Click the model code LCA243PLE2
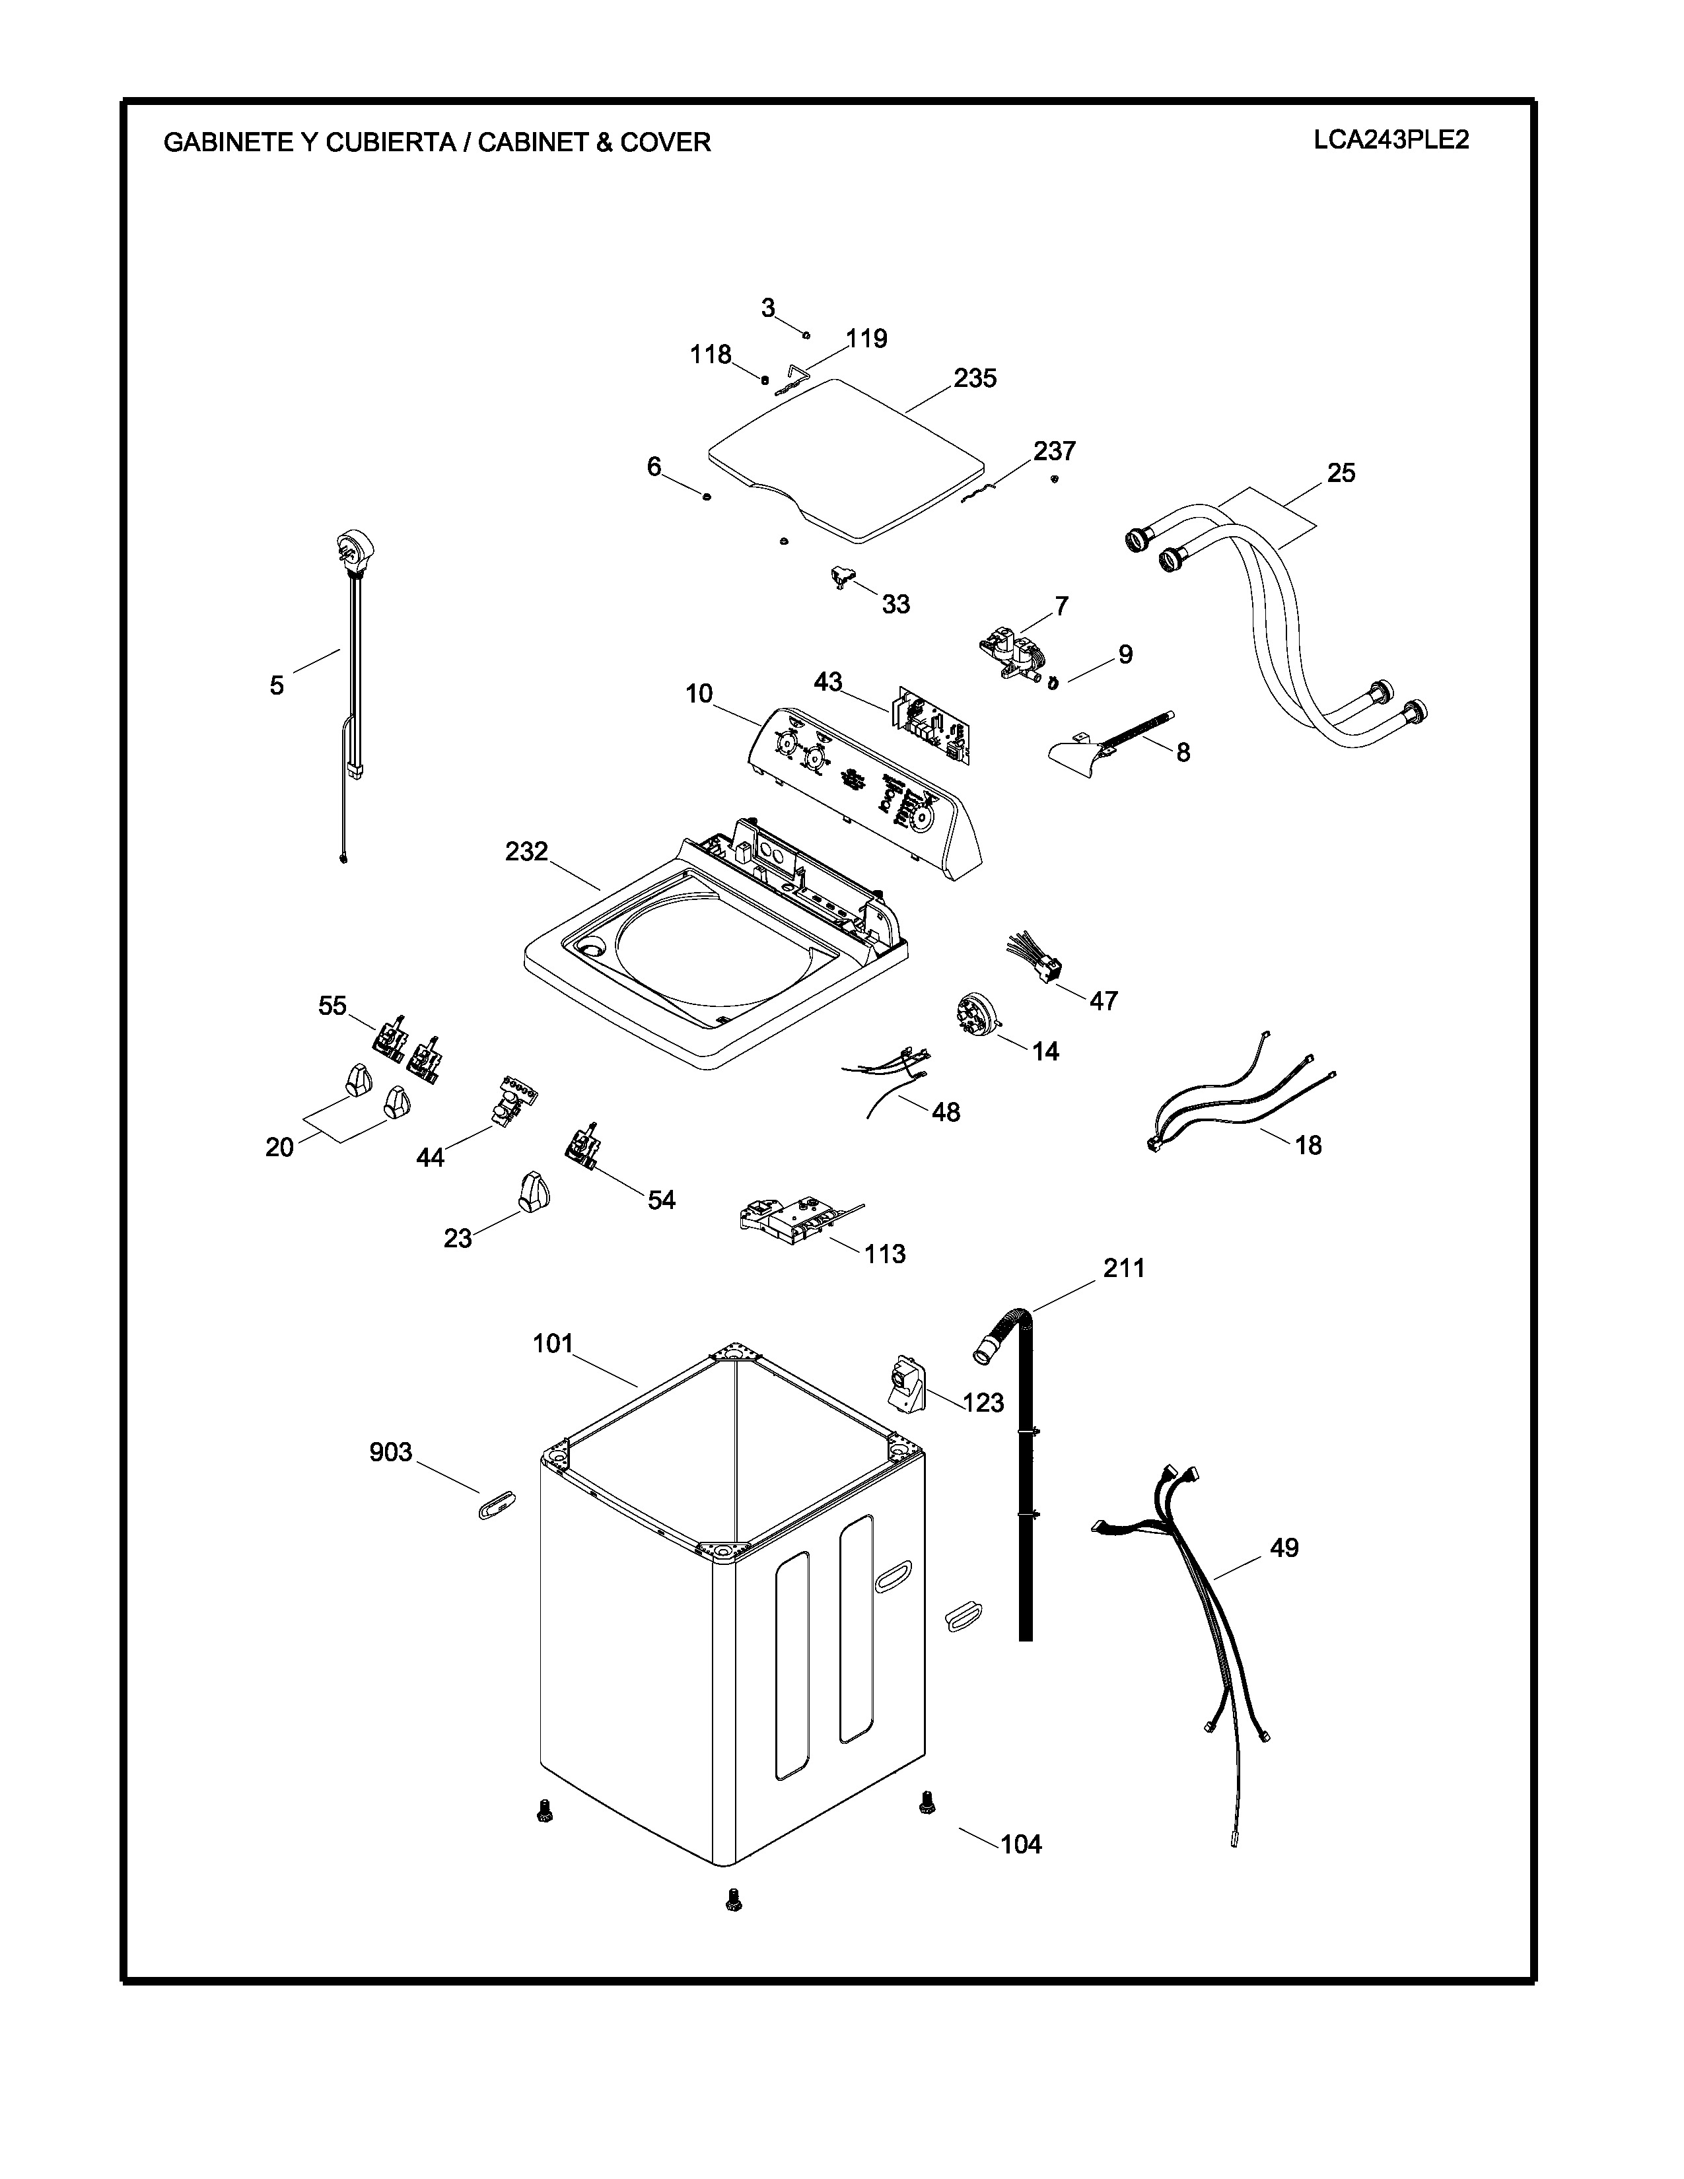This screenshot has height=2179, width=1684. (x=1391, y=140)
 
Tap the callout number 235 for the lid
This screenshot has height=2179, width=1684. (x=975, y=378)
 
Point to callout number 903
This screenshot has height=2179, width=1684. (x=390, y=1451)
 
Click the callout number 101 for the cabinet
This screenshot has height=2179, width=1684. (x=553, y=1344)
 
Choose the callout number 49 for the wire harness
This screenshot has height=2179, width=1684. (x=1284, y=1548)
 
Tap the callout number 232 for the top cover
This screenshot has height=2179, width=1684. (x=527, y=851)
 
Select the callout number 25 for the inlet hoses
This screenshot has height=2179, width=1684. (x=1341, y=473)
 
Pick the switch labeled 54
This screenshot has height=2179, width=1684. (x=582, y=1144)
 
